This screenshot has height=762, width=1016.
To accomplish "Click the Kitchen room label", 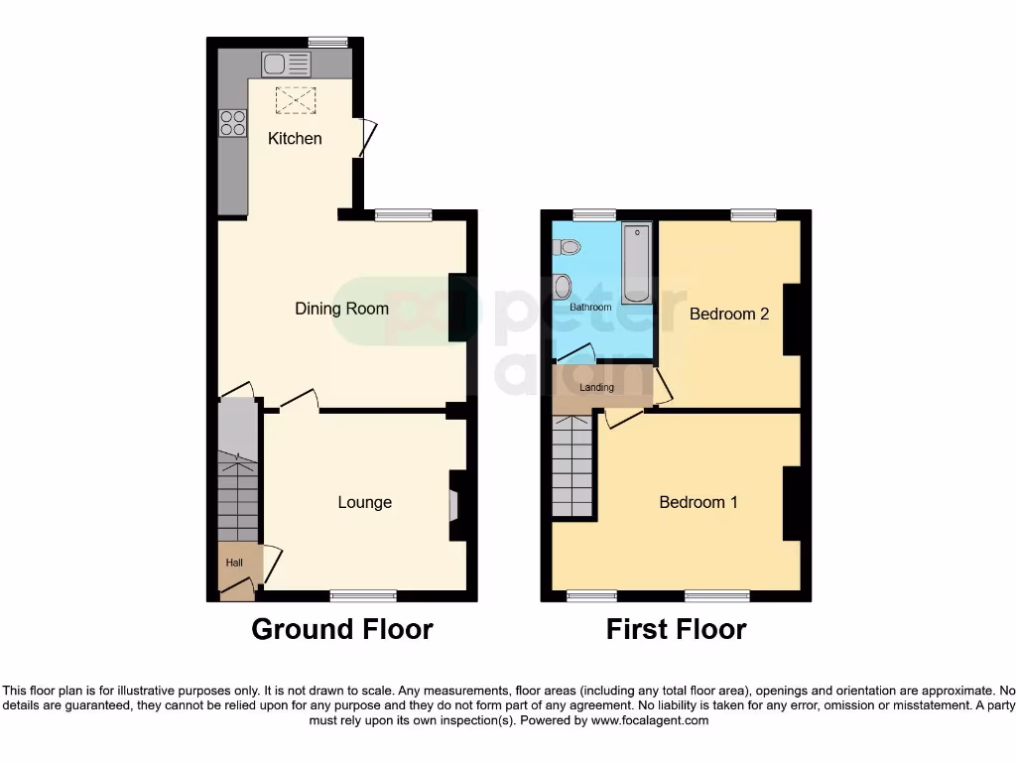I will click(295, 139).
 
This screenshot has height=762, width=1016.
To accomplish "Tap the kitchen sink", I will click(286, 65).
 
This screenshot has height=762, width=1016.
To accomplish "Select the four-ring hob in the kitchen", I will click(233, 123).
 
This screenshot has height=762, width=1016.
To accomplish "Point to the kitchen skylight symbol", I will click(292, 99).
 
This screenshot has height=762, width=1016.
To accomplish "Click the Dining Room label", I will click(341, 309).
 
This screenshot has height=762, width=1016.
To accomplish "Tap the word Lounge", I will click(364, 502).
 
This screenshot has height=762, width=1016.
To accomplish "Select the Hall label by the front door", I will click(234, 563).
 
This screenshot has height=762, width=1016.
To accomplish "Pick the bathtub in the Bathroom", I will click(635, 263).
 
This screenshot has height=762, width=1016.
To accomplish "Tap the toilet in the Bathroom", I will click(563, 288).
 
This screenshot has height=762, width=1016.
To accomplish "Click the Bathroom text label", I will click(590, 308).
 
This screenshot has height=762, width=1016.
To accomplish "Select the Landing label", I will click(597, 387).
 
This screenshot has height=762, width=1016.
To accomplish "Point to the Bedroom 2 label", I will click(729, 314).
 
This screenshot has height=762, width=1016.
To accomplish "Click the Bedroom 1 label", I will click(698, 502).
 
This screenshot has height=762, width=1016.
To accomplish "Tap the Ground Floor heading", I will click(341, 629).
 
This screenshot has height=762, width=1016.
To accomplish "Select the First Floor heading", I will click(676, 629).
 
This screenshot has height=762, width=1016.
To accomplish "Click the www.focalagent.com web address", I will click(649, 720).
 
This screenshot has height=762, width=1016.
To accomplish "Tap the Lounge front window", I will click(363, 595).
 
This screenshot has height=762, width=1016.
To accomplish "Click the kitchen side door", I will click(367, 137).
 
